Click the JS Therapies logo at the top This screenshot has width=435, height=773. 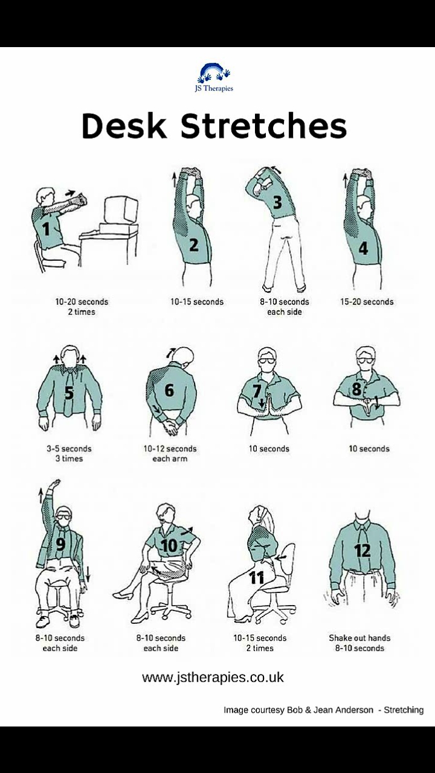click(x=214, y=78)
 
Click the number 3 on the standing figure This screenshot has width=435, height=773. click(x=277, y=202)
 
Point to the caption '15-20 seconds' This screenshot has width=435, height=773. click(x=367, y=302)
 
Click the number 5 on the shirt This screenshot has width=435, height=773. click(x=69, y=393)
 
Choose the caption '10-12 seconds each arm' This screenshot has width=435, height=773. click(x=170, y=454)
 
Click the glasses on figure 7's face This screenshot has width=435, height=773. click(x=266, y=361)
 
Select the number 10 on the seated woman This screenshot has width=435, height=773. click(x=169, y=546)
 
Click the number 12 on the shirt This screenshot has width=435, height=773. click(x=362, y=551)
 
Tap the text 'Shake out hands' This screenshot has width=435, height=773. click(x=359, y=638)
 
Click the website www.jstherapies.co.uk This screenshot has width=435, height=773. click(x=213, y=677)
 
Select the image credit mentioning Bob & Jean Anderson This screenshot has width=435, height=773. click(x=323, y=710)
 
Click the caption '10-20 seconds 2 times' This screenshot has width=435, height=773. click(x=82, y=307)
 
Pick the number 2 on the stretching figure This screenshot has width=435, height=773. click(x=194, y=245)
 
